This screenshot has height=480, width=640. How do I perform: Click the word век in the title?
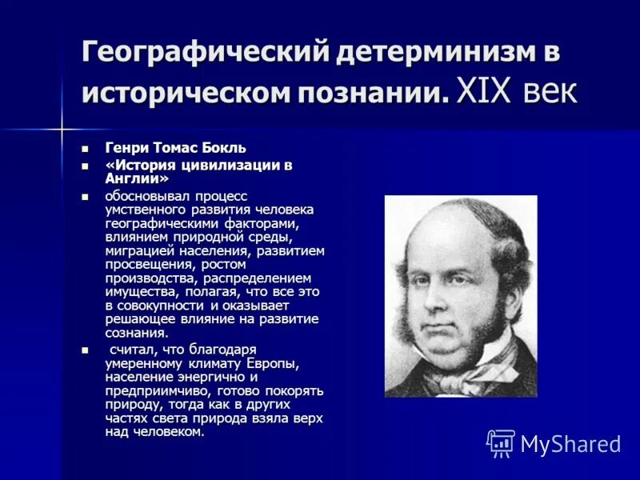(549, 92)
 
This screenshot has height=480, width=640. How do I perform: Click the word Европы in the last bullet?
(274, 363)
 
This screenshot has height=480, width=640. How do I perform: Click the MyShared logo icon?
(501, 442)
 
